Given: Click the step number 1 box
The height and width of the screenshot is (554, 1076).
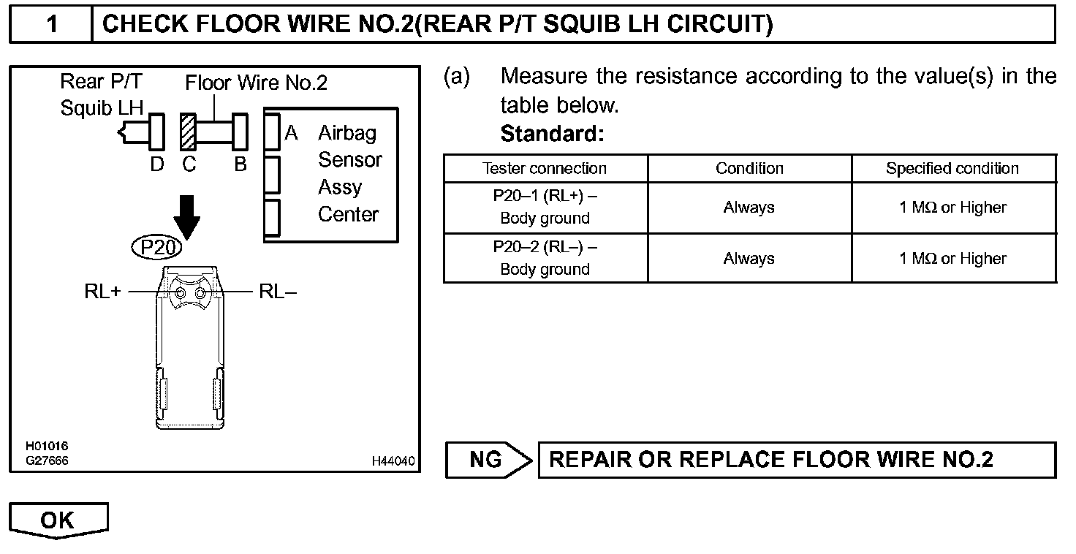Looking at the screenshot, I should click(x=51, y=24).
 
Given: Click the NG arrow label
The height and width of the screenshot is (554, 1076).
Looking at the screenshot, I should click(x=488, y=460).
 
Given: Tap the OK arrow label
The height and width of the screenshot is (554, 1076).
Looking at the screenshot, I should click(x=58, y=520).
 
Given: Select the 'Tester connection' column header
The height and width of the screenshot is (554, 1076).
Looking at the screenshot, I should click(x=545, y=169).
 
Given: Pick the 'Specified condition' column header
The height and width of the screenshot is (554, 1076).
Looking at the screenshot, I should click(x=952, y=169).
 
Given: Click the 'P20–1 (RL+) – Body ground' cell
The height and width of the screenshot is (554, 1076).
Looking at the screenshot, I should click(x=545, y=208).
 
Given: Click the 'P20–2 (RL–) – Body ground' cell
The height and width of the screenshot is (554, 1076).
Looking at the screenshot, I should click(x=545, y=258).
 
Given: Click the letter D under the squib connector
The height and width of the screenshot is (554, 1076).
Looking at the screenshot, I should click(x=157, y=164).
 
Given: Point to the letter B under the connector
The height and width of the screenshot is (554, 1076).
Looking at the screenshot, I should click(x=240, y=164).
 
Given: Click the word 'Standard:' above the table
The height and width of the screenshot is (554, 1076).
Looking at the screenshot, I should click(x=552, y=134).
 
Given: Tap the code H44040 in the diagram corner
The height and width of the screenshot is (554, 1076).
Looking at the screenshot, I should click(x=393, y=461).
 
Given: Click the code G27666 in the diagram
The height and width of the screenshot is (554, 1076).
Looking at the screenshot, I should click(x=47, y=460).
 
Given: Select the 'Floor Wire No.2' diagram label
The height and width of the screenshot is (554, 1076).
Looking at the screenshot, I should click(x=256, y=83).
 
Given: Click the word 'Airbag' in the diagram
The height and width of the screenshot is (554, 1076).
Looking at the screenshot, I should click(x=347, y=133).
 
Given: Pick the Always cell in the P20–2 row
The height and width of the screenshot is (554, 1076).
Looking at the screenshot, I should click(x=749, y=258).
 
